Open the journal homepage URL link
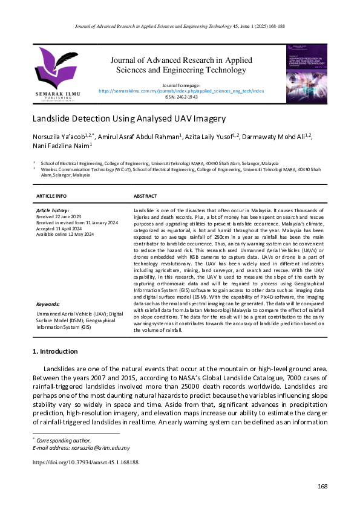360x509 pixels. click(182, 90)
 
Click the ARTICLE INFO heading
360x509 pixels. click(52, 196)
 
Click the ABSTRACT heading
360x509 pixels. click(145, 196)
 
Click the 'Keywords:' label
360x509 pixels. click(48, 304)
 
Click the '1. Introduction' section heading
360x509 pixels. click(63, 351)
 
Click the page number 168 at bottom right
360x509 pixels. click(322, 487)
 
